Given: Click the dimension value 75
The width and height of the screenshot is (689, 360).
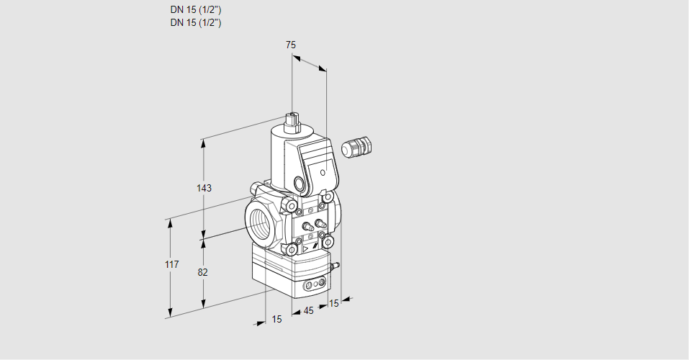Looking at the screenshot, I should pos(290,45).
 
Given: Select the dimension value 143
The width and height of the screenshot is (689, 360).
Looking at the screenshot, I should pos(204,188).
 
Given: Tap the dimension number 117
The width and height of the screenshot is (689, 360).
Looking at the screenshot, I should pos(171,265).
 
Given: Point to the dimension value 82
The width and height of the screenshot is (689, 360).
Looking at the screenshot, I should pos(203,272).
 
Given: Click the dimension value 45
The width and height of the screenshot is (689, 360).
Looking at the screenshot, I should pos(308,311).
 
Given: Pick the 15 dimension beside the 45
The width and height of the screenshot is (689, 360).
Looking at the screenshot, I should pos(333,304).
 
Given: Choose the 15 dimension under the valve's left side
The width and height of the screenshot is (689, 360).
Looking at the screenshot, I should pos(276,319).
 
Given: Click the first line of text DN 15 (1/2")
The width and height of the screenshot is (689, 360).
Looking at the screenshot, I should pos(196,10).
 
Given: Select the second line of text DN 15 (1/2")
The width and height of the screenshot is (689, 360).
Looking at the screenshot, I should pos(196,22).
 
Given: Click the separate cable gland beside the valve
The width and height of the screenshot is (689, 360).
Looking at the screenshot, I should pos(354,148).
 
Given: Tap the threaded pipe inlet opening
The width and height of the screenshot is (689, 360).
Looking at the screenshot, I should pos(261,220).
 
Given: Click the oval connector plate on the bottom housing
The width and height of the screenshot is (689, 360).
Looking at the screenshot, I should pos(314,286).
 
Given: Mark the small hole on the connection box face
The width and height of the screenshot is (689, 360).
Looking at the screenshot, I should pos(323,172).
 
